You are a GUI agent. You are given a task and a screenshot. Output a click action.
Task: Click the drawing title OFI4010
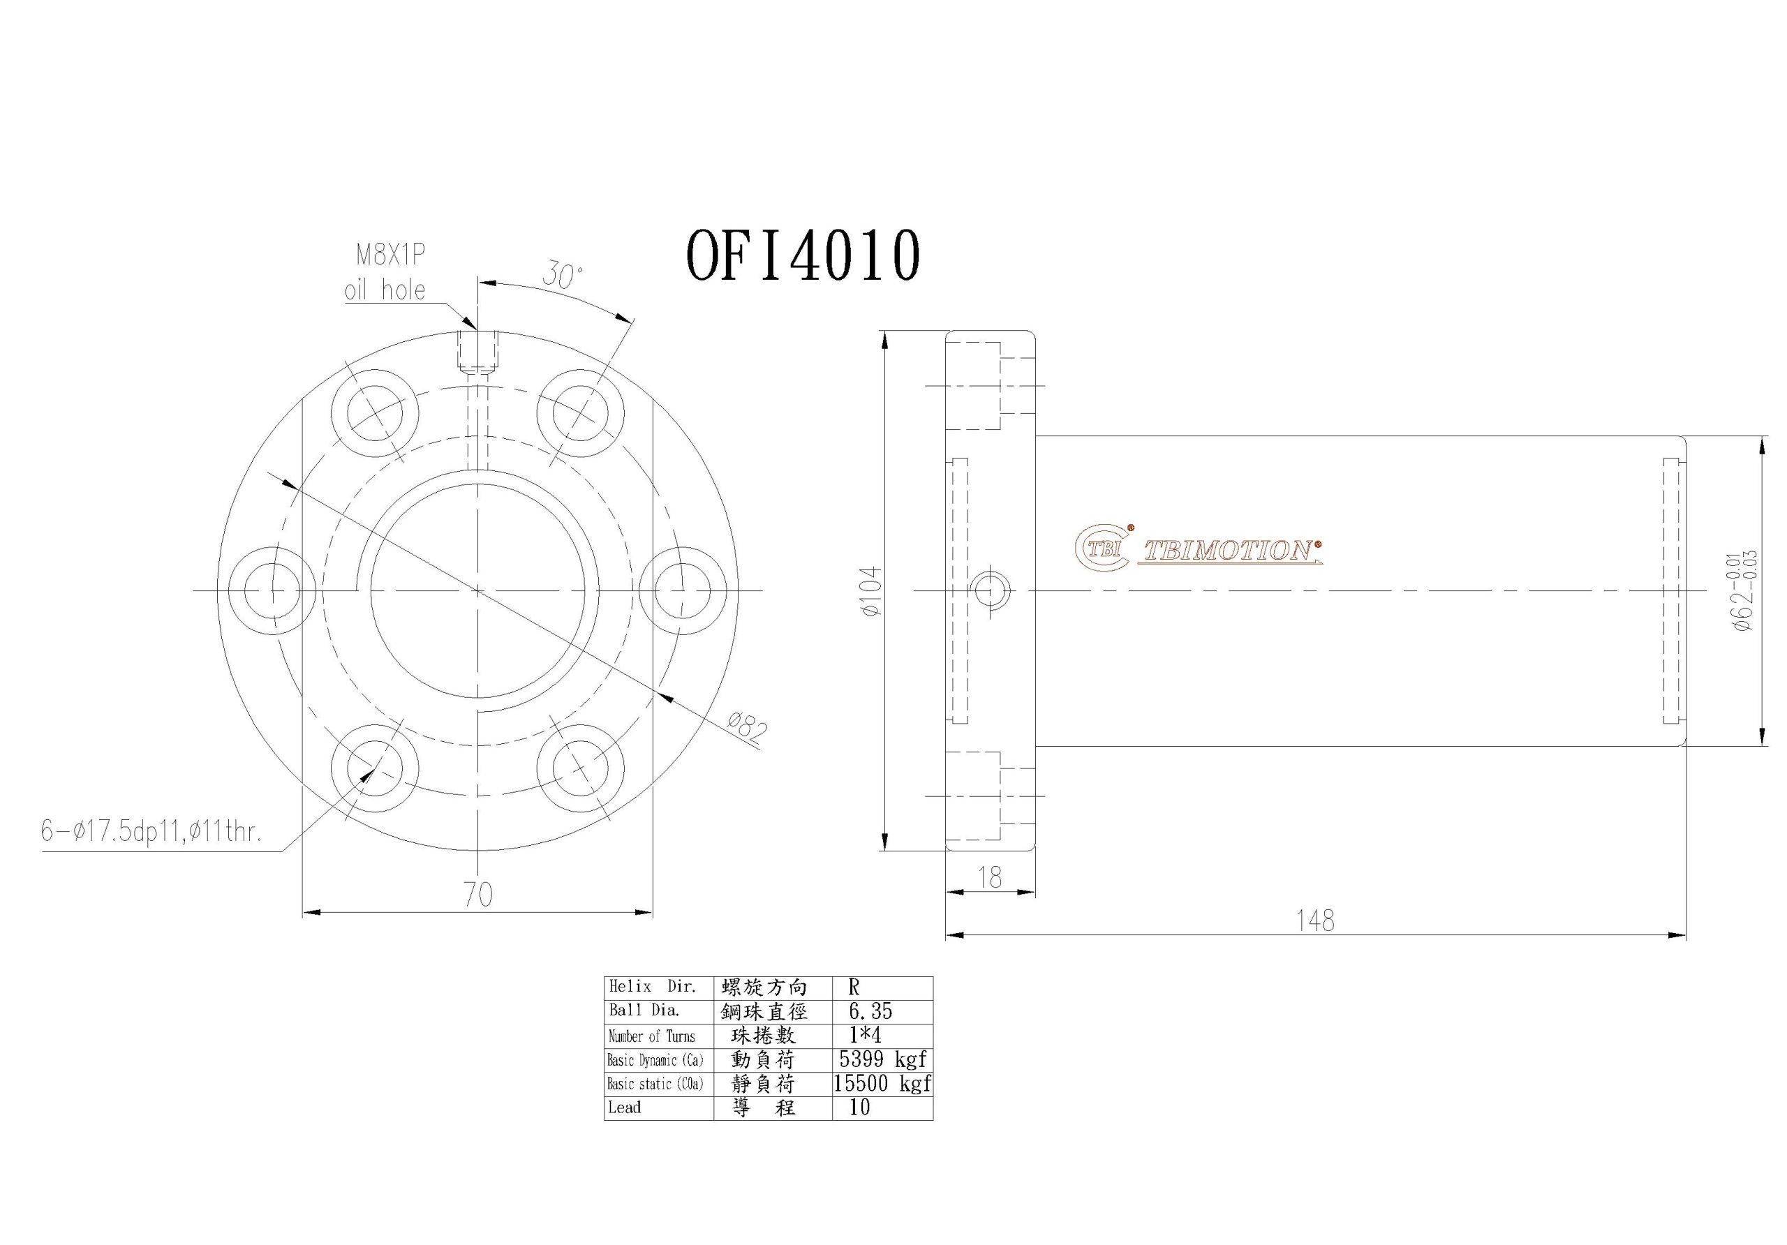803,256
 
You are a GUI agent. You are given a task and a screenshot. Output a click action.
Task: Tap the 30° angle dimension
562,276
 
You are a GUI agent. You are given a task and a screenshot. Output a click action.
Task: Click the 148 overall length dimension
1314,921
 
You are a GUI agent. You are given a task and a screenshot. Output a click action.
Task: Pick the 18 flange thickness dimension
989,878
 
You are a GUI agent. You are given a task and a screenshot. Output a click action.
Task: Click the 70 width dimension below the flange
478,895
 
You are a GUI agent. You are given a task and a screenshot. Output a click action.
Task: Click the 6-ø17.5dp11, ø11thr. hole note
151,833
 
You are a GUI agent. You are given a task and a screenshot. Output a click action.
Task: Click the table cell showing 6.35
870,1012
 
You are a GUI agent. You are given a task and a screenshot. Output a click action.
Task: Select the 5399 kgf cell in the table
882,1059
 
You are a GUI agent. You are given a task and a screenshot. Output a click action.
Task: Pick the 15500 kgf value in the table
882,1083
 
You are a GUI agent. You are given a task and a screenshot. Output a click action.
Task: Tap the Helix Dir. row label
652,987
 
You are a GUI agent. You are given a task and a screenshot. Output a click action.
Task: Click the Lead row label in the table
625,1108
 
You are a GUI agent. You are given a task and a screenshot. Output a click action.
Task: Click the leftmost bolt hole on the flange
272,590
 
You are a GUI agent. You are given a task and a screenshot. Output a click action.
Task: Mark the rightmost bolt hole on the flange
683,590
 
